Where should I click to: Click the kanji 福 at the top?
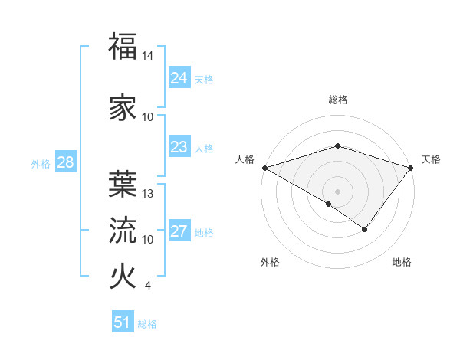[123, 47]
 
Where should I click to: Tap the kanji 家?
[123, 107]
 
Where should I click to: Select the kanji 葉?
[123, 183]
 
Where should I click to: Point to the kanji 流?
[123, 229]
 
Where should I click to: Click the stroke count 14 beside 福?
[148, 57]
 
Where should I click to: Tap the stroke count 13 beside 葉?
[148, 194]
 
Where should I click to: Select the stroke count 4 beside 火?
[147, 286]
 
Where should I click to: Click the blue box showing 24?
[179, 78]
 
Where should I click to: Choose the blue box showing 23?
[179, 147]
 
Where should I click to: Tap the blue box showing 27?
[179, 231]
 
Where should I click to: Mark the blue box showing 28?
[65, 162]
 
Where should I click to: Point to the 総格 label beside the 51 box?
[147, 324]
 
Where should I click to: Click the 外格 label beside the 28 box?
[41, 163]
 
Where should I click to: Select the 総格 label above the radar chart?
[338, 100]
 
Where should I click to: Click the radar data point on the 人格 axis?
[264, 167]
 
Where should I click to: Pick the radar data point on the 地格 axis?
[365, 228]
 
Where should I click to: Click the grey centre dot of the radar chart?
[338, 191]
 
